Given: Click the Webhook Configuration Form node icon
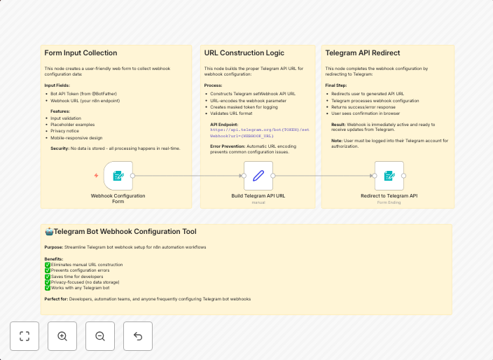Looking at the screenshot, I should click(x=118, y=176).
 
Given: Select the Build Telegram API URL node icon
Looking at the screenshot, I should click(x=258, y=176).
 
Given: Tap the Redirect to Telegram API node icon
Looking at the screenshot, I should click(x=389, y=176).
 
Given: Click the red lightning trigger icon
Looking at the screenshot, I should click(x=97, y=176).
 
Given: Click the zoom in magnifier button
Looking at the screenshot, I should click(x=62, y=336).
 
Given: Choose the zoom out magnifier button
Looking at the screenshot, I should click(x=100, y=336).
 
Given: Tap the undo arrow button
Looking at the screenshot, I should click(x=138, y=336).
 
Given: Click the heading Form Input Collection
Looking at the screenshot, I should click(x=81, y=53).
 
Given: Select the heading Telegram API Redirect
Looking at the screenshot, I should click(x=363, y=53).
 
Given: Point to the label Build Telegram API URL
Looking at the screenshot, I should click(x=258, y=196).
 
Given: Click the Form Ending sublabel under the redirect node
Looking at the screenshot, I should click(x=389, y=202).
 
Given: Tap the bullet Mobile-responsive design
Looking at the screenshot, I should click(x=77, y=138).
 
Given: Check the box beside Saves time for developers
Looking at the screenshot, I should click(x=48, y=276).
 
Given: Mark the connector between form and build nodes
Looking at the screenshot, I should click(x=188, y=176).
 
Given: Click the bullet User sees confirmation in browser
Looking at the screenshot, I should click(x=366, y=113).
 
